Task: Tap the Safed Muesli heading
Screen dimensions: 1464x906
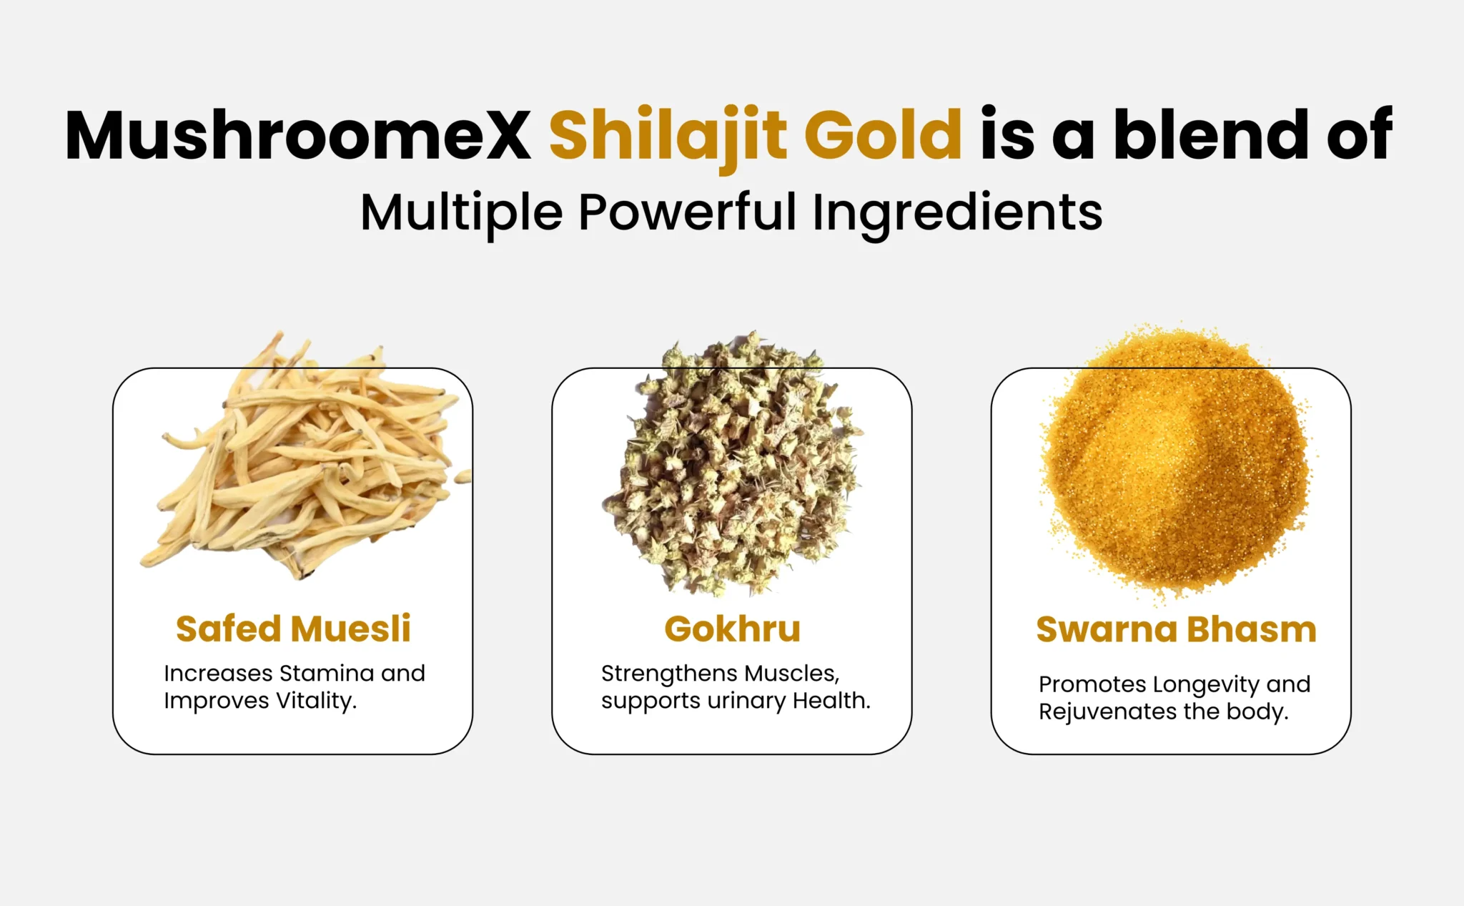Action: click(293, 629)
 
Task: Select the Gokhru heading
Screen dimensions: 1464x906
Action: click(732, 629)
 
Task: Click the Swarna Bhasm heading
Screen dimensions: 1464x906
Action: click(1177, 629)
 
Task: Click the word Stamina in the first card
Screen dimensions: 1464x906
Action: click(327, 674)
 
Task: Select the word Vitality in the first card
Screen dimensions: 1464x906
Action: click(316, 701)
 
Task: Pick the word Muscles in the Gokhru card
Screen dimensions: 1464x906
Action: click(791, 674)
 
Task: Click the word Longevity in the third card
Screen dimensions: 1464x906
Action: click(1206, 685)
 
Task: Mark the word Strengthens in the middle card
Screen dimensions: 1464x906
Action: click(668, 674)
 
